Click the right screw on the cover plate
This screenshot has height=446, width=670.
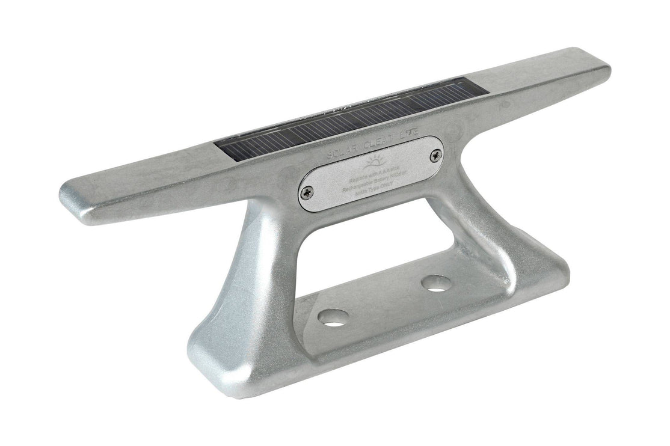[x=435, y=156]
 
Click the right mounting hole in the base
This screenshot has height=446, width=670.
[x=437, y=282]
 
